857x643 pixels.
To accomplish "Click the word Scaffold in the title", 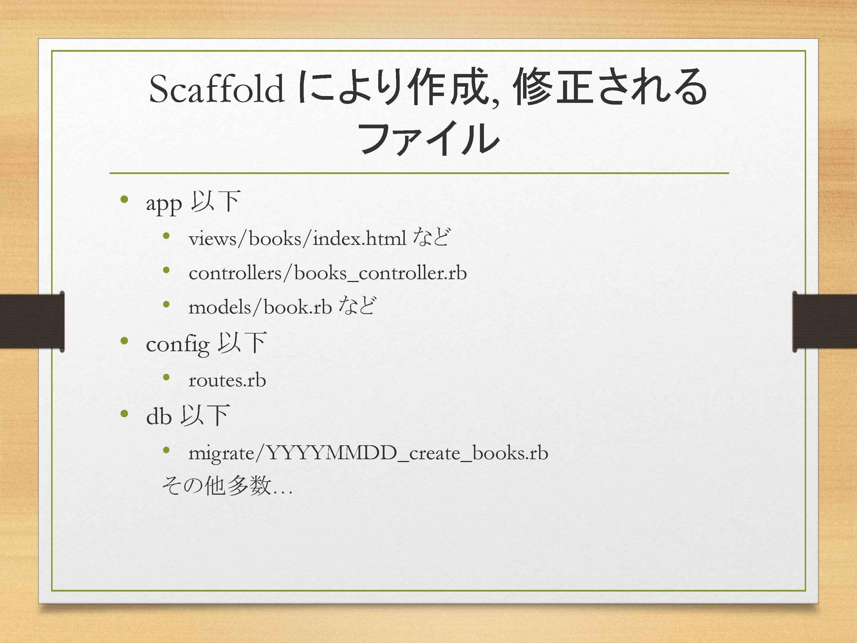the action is [x=217, y=89].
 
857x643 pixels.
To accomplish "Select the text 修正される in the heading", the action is [x=610, y=87].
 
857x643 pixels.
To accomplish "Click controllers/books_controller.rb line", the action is [x=328, y=273].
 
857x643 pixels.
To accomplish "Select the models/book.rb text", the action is [x=260, y=307].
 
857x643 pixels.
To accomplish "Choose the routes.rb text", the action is [x=227, y=380].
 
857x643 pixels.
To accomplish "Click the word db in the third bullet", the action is [x=159, y=416].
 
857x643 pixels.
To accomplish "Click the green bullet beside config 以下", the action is [x=124, y=341].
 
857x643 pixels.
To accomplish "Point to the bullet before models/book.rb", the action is [x=167, y=304].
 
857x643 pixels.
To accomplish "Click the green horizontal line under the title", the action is [x=419, y=173].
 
